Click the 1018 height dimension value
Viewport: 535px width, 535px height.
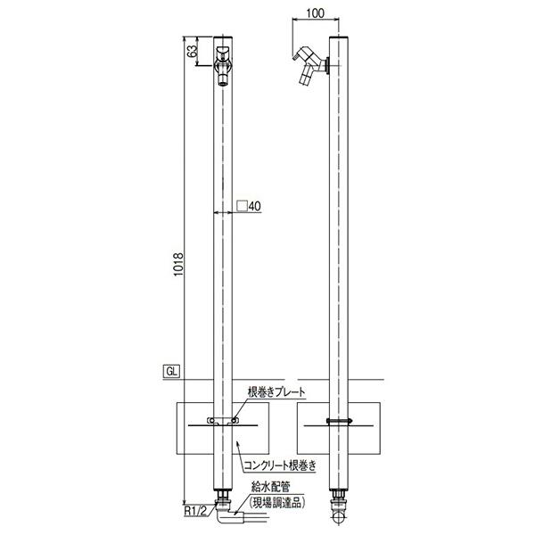tap(178, 265)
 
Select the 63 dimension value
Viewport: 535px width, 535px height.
tap(193, 51)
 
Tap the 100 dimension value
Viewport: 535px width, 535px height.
tap(316, 13)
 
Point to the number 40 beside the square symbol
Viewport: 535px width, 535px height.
tap(255, 206)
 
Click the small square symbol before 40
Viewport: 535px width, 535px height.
tap(242, 206)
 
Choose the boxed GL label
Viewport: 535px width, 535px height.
tap(171, 372)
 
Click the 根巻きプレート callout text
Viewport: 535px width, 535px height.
tap(276, 392)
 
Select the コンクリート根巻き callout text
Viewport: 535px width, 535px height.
tap(280, 465)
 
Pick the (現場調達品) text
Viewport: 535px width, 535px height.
tap(276, 502)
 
